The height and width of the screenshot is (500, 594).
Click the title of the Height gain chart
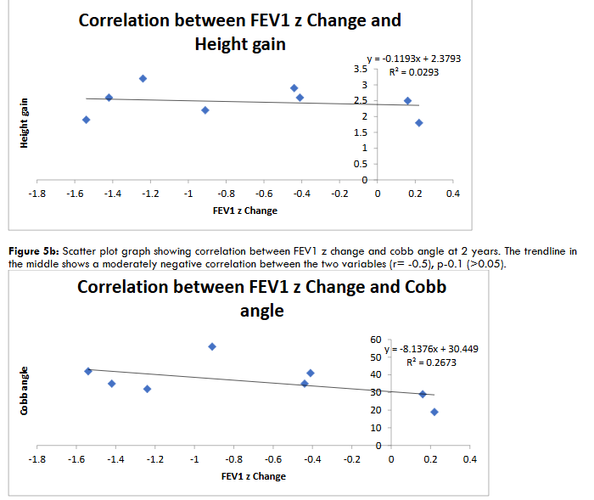click(240, 31)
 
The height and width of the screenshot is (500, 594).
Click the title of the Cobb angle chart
click(262, 298)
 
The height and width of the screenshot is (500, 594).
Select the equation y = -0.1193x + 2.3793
click(413, 59)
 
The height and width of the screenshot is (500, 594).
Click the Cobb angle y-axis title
click(25, 391)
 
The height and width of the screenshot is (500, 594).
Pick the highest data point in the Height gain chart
click(143, 79)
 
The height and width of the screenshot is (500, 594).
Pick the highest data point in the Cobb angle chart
click(212, 346)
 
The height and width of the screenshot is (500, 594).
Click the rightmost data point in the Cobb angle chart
click(434, 412)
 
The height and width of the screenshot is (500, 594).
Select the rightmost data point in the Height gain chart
click(419, 123)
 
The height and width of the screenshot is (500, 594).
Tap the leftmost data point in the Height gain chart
click(86, 120)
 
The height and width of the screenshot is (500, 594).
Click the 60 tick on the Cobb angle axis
click(376, 340)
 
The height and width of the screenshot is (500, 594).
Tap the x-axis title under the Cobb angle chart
click(253, 476)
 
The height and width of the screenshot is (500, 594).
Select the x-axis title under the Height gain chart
click(244, 211)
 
